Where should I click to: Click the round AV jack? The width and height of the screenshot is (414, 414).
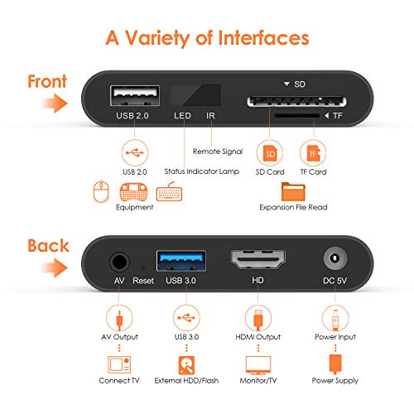pyautogui.click(x=118, y=264)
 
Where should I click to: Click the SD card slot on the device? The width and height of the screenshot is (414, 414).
pyautogui.click(x=282, y=103)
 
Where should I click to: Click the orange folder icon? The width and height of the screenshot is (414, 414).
pyautogui.click(x=293, y=192)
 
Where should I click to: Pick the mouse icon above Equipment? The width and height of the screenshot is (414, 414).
pyautogui.click(x=101, y=192)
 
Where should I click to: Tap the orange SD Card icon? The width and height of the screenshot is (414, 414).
pyautogui.click(x=271, y=152)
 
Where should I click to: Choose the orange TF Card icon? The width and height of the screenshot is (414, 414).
pyautogui.click(x=313, y=152)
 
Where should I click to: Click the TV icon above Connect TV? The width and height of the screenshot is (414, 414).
pyautogui.click(x=118, y=364)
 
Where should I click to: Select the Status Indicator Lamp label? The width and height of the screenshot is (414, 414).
pyautogui.click(x=201, y=171)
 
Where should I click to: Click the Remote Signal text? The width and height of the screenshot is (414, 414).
pyautogui.click(x=217, y=152)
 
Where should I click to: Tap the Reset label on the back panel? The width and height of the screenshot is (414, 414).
pyautogui.click(x=143, y=282)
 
